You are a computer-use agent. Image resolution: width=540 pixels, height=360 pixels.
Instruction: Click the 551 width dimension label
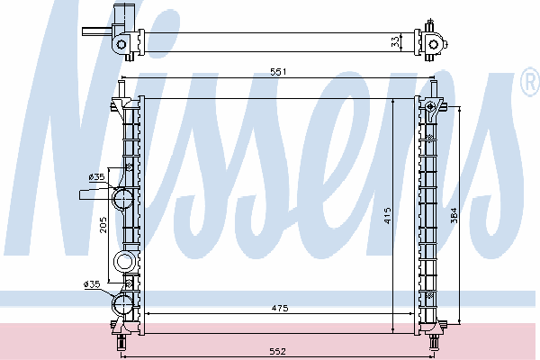[278, 72]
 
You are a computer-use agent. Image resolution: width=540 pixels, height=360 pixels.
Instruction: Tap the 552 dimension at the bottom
[277, 351]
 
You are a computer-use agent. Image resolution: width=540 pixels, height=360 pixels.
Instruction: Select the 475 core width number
[280, 309]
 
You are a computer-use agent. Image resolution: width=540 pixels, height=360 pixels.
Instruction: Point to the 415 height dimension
[387, 216]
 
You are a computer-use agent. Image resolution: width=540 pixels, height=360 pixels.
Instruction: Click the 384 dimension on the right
[454, 215]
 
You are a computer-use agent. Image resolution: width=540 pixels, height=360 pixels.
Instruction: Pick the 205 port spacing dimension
[103, 225]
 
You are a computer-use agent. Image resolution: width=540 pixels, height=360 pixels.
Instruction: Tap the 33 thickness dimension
[396, 41]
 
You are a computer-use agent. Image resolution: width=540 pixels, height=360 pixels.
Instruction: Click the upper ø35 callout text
[96, 177]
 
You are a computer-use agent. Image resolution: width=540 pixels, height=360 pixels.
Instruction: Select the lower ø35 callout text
[92, 284]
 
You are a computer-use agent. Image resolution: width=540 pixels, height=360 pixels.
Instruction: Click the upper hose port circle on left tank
[123, 198]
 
